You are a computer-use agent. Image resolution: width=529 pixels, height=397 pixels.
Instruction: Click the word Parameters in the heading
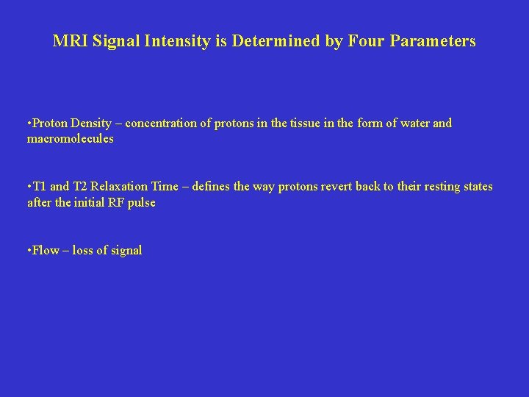(x=433, y=41)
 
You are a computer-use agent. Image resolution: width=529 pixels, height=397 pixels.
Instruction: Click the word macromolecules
(x=71, y=139)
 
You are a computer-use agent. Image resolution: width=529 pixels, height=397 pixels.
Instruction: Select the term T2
(x=81, y=187)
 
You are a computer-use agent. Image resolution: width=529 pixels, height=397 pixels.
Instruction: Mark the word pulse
(x=141, y=203)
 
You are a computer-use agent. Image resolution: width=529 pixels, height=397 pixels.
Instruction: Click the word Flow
(x=46, y=251)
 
